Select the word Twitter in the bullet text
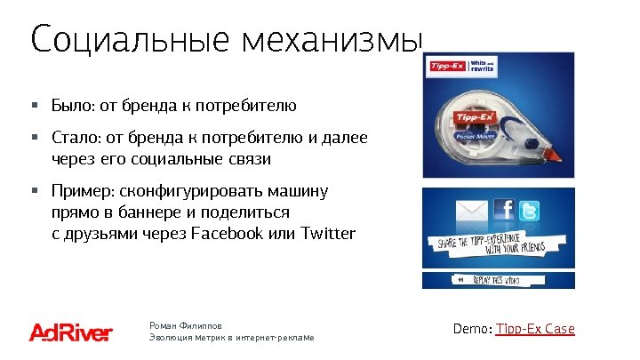[x=329, y=234]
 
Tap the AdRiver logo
[x=71, y=332]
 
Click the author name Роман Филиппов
[x=187, y=326]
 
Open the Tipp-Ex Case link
[x=535, y=329]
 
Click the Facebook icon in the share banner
[x=504, y=209]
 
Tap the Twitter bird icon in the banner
[x=531, y=211]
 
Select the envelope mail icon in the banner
[x=474, y=211]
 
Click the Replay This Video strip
[x=498, y=279]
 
